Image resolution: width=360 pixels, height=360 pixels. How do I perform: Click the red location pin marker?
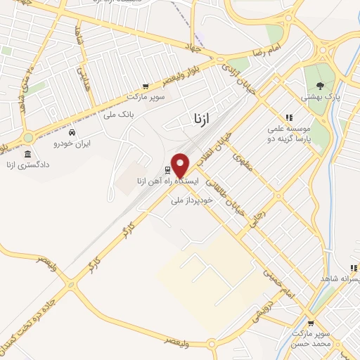pos(181,165)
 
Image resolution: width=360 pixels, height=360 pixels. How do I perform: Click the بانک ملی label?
pos(118,114)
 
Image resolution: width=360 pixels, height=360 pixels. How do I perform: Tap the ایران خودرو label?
pos(72,143)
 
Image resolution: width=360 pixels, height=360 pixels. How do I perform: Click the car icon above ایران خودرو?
pos(72,131)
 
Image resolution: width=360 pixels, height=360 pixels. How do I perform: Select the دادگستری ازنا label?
pos(27,165)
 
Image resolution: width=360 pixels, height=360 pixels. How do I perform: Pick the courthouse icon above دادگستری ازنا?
pos(27,154)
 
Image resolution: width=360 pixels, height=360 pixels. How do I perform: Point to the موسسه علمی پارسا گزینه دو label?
pos(288,135)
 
